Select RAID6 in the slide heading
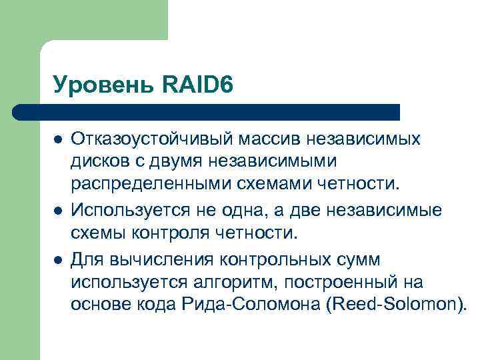[x=197, y=85]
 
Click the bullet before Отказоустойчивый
[x=58, y=140]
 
